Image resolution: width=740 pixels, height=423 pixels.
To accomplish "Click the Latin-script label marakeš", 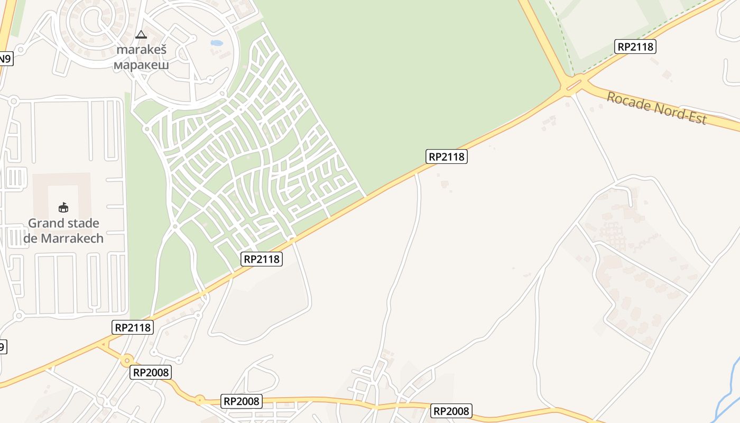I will (x=141, y=50).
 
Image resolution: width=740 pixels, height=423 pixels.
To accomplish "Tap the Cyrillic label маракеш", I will (x=141, y=66).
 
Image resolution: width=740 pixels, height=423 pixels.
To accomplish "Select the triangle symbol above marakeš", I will (x=141, y=35).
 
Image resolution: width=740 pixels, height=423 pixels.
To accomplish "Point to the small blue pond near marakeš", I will (x=217, y=43).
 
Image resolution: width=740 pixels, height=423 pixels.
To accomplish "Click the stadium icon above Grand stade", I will (x=63, y=207).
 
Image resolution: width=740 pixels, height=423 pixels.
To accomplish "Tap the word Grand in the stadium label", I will (x=47, y=223).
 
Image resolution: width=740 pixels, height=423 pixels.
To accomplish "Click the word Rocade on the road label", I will (x=629, y=102).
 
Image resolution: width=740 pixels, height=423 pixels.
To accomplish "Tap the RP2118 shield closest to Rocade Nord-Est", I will (x=635, y=47).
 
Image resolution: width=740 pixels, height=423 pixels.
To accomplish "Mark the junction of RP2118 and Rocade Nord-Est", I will (x=573, y=85).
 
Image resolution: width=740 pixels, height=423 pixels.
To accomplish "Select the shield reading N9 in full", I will (x=5, y=59).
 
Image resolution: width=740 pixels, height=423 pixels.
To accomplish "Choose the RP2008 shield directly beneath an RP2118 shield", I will (x=151, y=372).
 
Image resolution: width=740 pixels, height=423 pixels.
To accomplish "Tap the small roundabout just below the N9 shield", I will (x=13, y=100).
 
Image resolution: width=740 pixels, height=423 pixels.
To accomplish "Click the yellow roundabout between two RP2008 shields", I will (x=200, y=400).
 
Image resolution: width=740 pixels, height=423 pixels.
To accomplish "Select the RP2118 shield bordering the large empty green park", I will (x=447, y=157).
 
